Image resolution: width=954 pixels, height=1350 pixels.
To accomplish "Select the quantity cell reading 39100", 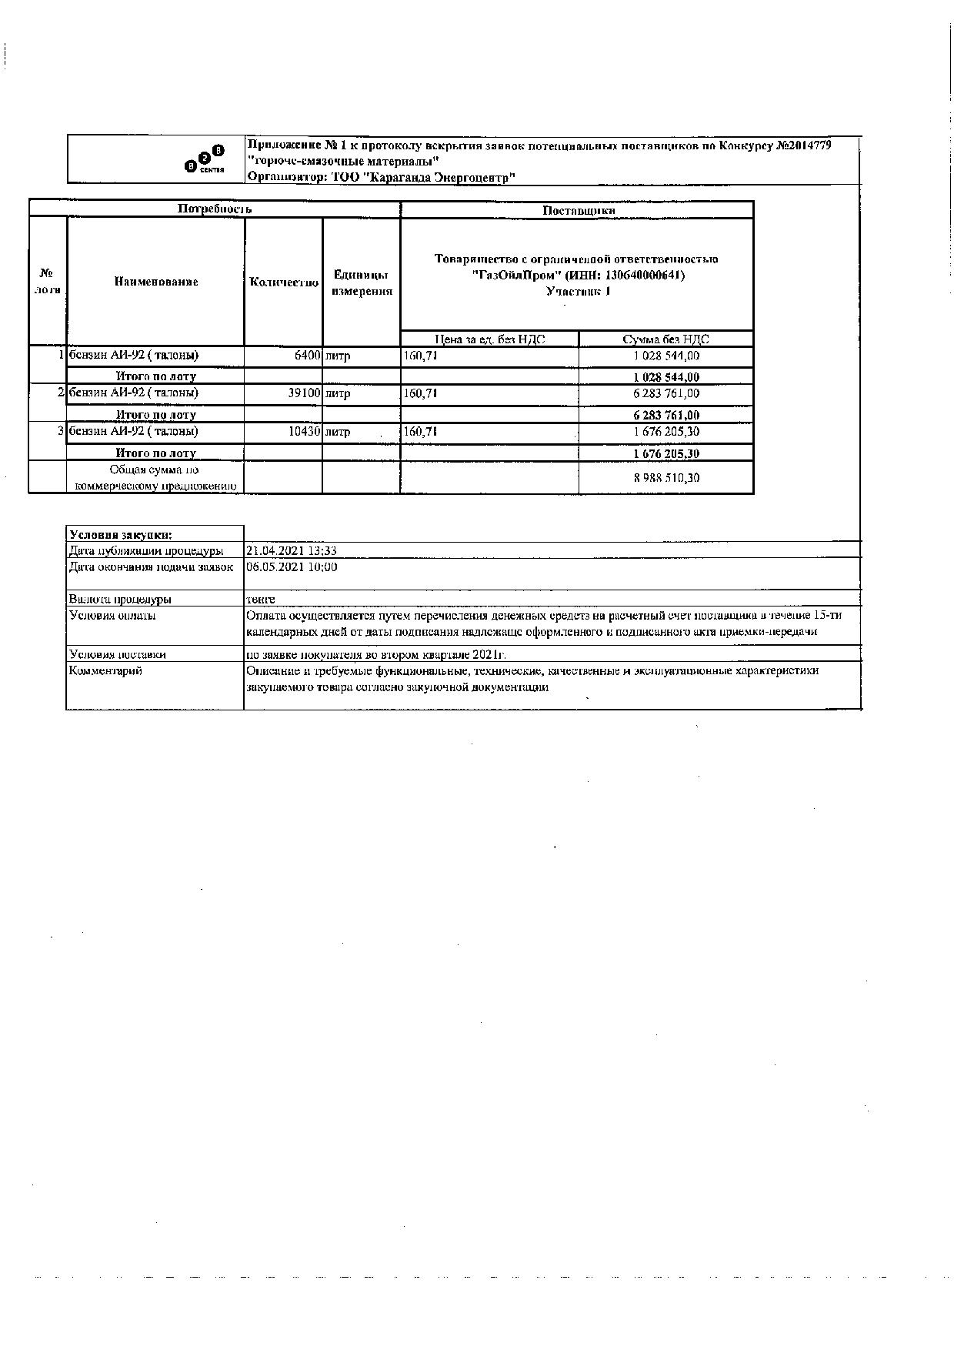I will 303,393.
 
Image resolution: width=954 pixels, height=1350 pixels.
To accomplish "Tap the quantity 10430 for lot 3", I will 303,432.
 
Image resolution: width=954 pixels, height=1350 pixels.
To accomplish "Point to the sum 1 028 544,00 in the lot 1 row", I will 666,356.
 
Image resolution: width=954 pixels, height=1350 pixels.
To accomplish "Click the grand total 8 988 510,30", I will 666,477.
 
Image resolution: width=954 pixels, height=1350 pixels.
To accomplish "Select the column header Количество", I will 284,282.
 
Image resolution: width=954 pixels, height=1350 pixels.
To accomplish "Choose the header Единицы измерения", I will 362,282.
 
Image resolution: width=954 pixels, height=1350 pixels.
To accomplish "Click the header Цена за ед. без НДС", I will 489,339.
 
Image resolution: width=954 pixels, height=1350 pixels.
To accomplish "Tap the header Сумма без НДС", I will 665,339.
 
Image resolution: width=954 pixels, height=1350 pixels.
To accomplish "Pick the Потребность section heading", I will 215,209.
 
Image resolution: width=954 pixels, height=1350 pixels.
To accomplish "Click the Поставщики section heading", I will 578,210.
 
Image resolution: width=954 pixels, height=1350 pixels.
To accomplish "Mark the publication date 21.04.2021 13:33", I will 291,550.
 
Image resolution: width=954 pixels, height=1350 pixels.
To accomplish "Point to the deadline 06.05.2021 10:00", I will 291,566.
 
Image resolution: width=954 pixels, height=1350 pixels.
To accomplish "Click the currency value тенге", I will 260,599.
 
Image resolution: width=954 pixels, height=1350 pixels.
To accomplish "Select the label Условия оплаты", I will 112,615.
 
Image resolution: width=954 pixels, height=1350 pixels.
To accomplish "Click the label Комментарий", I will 105,670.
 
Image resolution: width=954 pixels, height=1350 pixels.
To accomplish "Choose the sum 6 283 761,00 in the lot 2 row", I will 666,393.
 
